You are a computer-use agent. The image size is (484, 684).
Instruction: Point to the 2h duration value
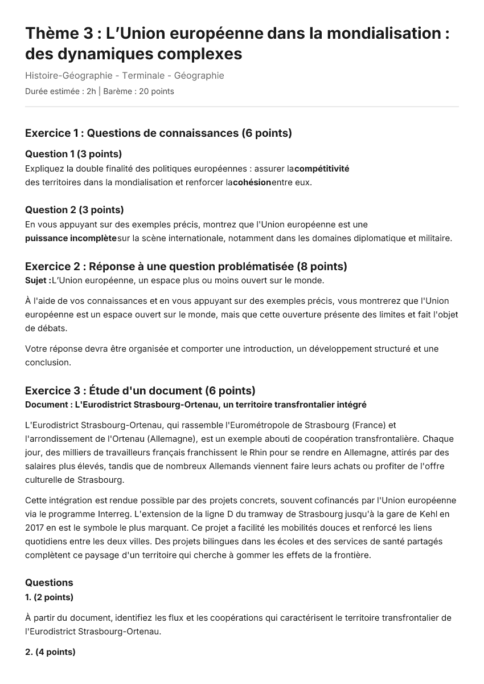tap(91, 91)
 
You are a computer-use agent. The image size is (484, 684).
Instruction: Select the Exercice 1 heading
tap(158, 133)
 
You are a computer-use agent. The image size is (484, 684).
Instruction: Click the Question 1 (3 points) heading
tap(73, 154)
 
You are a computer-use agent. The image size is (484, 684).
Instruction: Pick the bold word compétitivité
tap(322, 169)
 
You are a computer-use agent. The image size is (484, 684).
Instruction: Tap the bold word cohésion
tap(252, 182)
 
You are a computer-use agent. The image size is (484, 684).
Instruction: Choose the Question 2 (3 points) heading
tap(75, 210)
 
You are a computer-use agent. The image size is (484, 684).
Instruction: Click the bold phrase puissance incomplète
tap(71, 238)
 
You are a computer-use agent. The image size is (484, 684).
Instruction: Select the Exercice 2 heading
tap(186, 267)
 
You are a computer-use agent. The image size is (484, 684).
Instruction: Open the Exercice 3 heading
tap(140, 391)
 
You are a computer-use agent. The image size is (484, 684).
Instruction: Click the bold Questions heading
tap(49, 583)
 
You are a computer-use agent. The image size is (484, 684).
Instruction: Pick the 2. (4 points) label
tap(50, 652)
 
